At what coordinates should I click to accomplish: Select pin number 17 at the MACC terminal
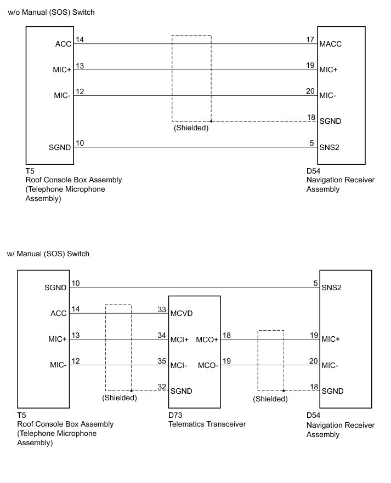(x=311, y=40)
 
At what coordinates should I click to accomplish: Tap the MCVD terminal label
(x=181, y=314)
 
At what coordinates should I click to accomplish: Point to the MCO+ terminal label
(x=207, y=340)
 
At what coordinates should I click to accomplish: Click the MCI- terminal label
(x=179, y=365)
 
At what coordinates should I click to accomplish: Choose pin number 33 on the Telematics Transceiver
(x=162, y=309)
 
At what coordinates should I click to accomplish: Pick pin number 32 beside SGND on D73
(x=162, y=386)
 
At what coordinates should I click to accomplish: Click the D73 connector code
(x=175, y=416)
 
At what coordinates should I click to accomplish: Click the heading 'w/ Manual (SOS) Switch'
(x=48, y=254)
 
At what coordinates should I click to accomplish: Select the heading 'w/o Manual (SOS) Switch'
(x=51, y=12)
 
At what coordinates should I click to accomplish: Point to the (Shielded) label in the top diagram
(x=191, y=128)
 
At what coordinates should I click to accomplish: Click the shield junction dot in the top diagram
(x=211, y=121)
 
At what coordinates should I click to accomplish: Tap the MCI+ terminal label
(x=180, y=340)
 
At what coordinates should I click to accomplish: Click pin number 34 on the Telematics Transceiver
(x=162, y=335)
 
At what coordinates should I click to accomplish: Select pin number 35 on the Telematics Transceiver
(x=162, y=361)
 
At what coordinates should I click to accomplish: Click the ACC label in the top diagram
(x=63, y=44)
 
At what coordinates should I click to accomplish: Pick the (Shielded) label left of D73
(x=119, y=398)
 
